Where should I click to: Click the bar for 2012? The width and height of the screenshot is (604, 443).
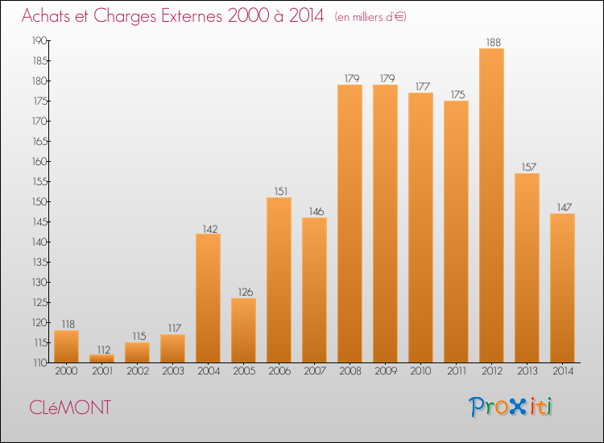click(491, 205)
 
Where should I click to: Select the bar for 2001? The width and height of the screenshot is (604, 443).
click(101, 358)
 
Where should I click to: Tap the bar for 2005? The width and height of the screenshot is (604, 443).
click(243, 330)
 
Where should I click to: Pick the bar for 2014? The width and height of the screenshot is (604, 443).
click(562, 288)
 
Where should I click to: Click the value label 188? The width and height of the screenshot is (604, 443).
click(494, 42)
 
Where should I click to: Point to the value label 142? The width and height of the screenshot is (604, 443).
click(210, 229)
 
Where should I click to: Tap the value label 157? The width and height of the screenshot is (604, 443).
click(529, 167)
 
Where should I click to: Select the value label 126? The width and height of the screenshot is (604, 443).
click(246, 292)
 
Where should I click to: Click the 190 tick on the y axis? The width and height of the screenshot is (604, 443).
click(39, 40)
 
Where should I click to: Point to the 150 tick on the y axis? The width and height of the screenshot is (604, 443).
click(39, 201)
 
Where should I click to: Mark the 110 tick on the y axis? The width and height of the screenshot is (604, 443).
click(39, 362)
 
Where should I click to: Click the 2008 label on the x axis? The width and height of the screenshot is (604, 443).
click(350, 371)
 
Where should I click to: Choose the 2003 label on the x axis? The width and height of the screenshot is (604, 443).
click(173, 371)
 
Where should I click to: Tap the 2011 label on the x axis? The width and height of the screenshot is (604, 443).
click(457, 371)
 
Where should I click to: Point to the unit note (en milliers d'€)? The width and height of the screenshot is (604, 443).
click(370, 17)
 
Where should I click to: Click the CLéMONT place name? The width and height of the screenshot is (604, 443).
click(70, 408)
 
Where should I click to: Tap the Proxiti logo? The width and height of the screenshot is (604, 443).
click(511, 407)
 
